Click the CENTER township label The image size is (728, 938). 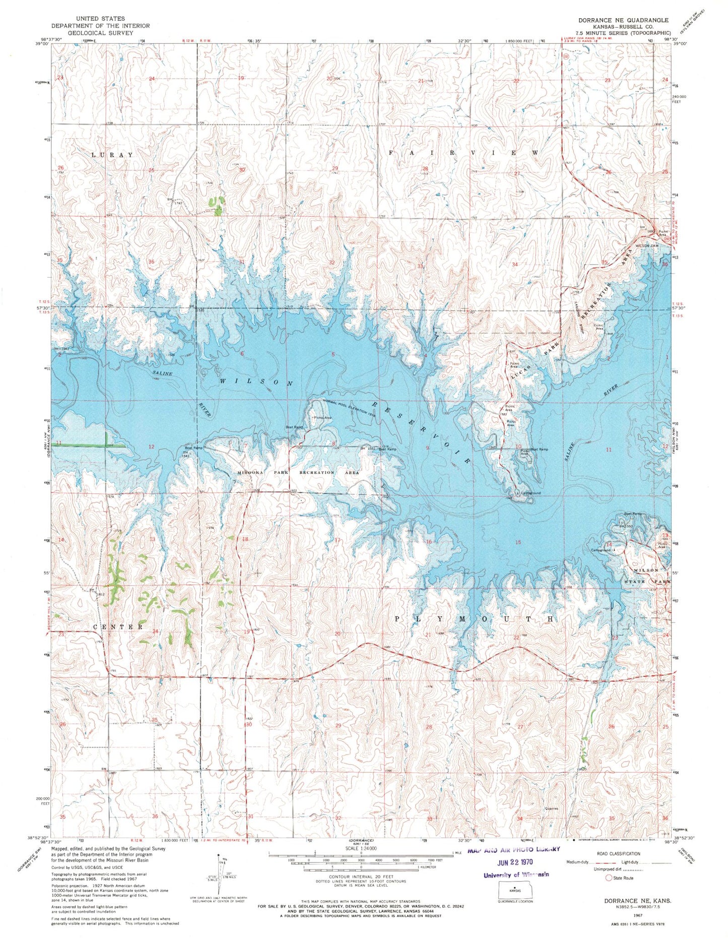click(118, 627)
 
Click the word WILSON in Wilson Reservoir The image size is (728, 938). click(256, 382)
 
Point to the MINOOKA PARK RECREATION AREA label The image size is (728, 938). click(298, 473)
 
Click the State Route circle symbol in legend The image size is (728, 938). click(609, 878)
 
